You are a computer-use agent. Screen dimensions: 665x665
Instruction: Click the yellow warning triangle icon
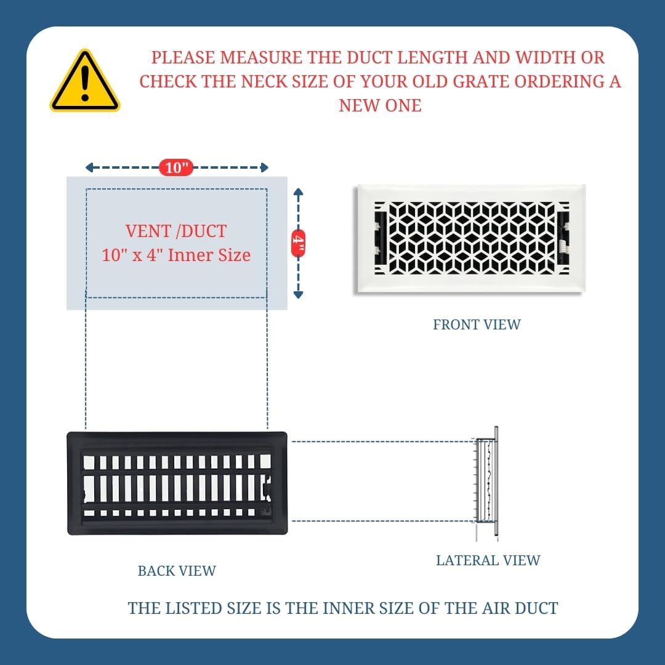pos(85,81)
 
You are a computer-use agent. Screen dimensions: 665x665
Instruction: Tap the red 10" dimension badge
pos(176,167)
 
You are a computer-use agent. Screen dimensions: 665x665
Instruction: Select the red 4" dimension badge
pos(298,243)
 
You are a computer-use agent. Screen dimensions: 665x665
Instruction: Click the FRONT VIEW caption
pos(476,324)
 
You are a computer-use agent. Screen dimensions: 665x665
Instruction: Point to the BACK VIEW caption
pos(177,571)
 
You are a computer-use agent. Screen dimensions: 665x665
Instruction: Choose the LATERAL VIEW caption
pos(488,560)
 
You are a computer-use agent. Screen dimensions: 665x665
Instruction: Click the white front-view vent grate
pos(470,239)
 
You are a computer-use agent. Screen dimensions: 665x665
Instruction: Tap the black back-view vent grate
pos(177,483)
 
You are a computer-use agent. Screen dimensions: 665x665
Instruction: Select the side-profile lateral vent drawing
pos(486,483)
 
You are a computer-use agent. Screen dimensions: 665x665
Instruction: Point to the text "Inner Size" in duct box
pos(209,256)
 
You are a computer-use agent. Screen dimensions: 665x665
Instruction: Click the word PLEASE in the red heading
pos(183,58)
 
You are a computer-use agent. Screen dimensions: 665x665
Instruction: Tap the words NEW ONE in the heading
pos(380,106)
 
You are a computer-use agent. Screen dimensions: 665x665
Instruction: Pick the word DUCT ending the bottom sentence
pos(536,608)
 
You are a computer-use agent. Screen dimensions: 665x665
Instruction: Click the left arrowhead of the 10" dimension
pos(89,167)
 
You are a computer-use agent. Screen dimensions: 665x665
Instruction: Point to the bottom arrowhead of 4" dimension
pos(298,294)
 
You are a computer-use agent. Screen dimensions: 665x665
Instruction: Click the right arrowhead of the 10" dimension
pos(264,167)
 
